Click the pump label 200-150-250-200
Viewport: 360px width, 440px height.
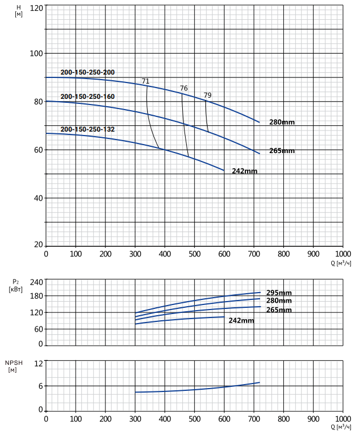(87, 72)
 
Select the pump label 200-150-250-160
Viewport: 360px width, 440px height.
(87, 97)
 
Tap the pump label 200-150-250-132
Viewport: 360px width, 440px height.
(87, 129)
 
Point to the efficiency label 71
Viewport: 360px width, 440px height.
(146, 81)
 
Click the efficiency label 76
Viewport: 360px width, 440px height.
(183, 88)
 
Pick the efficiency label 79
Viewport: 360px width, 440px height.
(208, 95)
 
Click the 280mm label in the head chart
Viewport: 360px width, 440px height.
(282, 122)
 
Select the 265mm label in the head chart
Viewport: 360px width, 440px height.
(282, 151)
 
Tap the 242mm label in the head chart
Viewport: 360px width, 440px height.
(244, 171)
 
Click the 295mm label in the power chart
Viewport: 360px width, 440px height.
(279, 293)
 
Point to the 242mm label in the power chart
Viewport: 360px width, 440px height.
(242, 320)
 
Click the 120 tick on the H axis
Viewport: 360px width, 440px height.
(37, 8)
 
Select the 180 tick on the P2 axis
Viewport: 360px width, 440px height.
(37, 296)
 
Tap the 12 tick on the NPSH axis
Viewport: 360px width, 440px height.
(39, 364)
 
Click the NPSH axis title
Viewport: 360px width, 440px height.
(14, 366)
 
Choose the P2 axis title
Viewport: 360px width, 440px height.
(15, 285)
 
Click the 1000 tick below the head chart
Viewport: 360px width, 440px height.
(343, 254)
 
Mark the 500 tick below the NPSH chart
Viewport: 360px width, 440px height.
(195, 419)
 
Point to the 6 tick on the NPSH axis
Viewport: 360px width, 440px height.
(41, 386)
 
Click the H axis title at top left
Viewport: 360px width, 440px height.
(19, 11)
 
